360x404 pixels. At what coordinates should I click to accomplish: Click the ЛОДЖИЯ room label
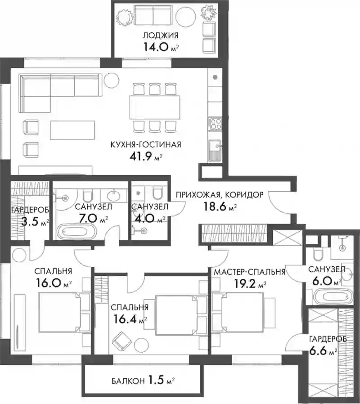161,35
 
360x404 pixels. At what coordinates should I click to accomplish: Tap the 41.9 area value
141,157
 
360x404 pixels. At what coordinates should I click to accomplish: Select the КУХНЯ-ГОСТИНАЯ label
146,144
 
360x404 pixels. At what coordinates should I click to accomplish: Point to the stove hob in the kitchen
215,123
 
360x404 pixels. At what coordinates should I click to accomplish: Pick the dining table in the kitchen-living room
155,107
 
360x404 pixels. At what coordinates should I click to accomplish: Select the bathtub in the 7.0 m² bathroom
77,231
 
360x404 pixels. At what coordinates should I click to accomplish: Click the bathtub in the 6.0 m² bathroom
333,297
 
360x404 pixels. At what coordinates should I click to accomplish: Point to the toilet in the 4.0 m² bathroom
157,193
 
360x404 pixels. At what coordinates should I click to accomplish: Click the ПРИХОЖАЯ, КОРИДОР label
220,195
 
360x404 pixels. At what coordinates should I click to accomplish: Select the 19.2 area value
246,284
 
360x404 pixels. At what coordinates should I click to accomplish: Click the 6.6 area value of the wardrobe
318,350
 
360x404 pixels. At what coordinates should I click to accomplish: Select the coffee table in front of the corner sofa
72,130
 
